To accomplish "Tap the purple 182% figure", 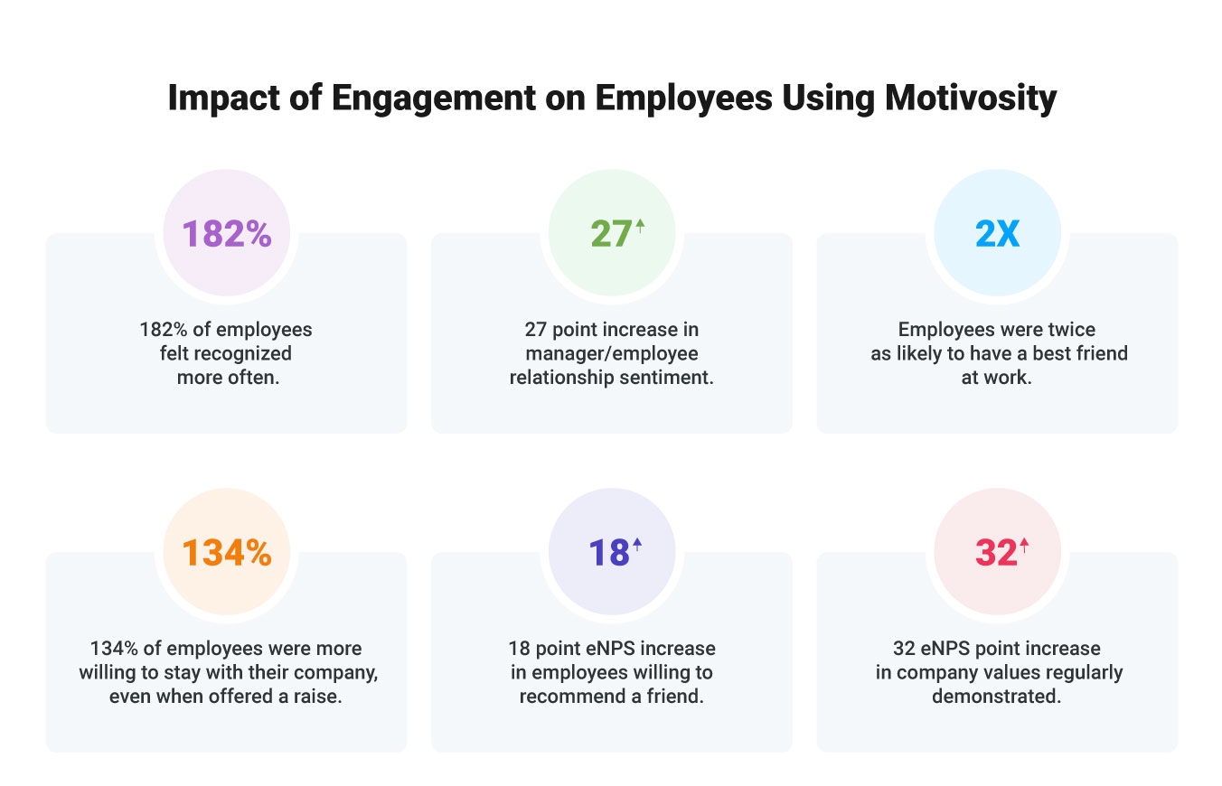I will tap(226, 234).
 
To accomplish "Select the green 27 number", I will tap(610, 234).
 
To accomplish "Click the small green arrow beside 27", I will tap(640, 226).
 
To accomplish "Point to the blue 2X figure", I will tap(997, 234).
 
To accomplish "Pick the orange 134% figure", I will tap(226, 553).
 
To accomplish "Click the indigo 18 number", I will tap(609, 553).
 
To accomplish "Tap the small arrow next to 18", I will tap(637, 544).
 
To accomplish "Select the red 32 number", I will tap(995, 553).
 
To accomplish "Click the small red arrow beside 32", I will tap(1024, 545).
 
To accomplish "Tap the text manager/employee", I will tap(612, 353).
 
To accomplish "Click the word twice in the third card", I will tap(1073, 330).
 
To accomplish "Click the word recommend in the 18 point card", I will tap(573, 697).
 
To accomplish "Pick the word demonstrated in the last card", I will tap(997, 697).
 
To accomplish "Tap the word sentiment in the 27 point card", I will tap(666, 377).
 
